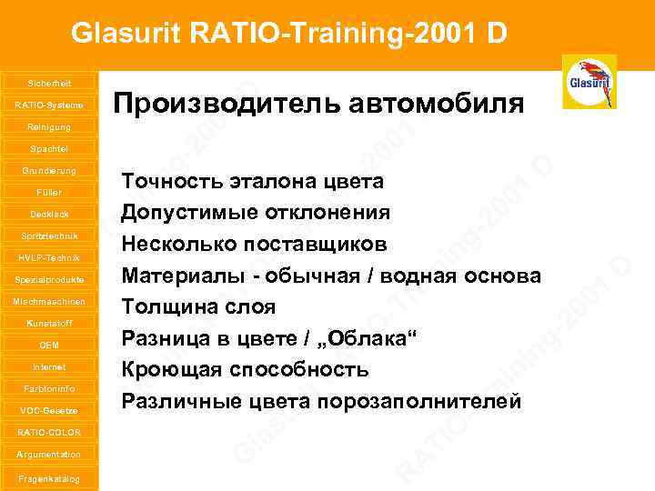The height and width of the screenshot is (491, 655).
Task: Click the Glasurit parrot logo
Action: [589, 82]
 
